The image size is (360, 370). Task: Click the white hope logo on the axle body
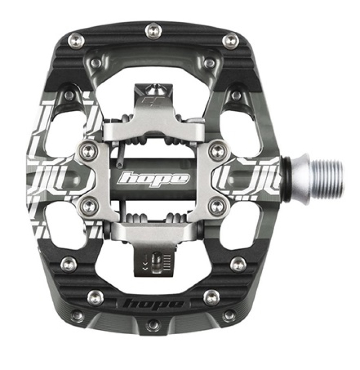coord(154,179)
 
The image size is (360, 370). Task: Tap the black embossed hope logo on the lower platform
coord(155,305)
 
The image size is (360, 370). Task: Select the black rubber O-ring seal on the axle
coord(288,180)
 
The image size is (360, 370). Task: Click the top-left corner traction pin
coord(76,41)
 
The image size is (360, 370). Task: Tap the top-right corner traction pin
coord(231,41)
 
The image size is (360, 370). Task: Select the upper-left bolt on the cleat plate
coord(89,151)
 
